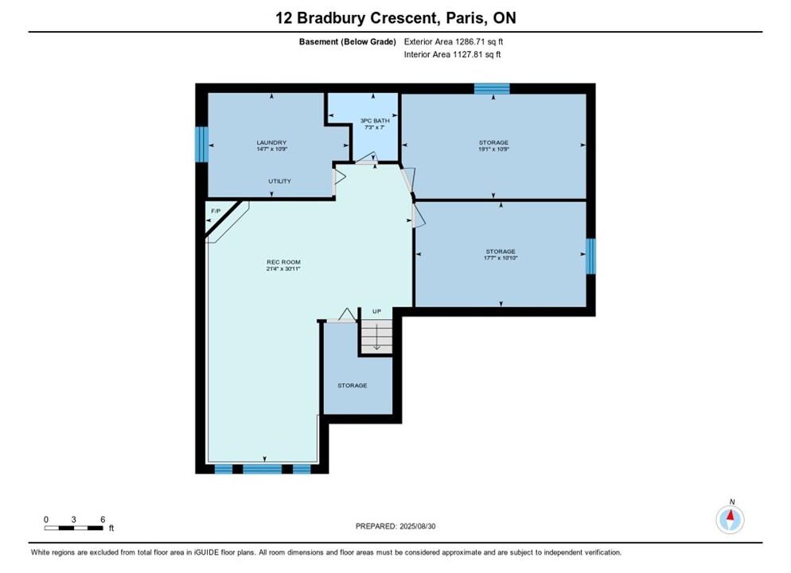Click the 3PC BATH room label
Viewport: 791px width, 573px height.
[375, 120]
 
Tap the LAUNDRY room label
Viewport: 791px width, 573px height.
[271, 142]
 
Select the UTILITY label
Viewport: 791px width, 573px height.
[279, 181]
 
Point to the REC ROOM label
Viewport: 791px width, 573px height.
[283, 263]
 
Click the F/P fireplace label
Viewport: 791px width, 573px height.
[216, 211]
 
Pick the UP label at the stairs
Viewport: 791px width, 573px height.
[377, 311]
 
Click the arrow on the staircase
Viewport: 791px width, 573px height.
[376, 337]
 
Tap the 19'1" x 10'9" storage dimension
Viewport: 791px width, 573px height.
[494, 150]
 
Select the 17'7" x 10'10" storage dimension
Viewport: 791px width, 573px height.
[501, 258]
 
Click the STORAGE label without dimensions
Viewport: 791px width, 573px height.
[352, 385]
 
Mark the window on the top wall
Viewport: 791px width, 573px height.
[492, 89]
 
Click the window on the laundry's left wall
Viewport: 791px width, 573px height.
[202, 144]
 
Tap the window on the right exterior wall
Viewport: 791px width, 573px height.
[590, 256]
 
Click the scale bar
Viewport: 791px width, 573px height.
[74, 528]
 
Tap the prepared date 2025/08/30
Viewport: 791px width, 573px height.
[417, 526]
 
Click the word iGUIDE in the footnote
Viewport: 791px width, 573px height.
[208, 552]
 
